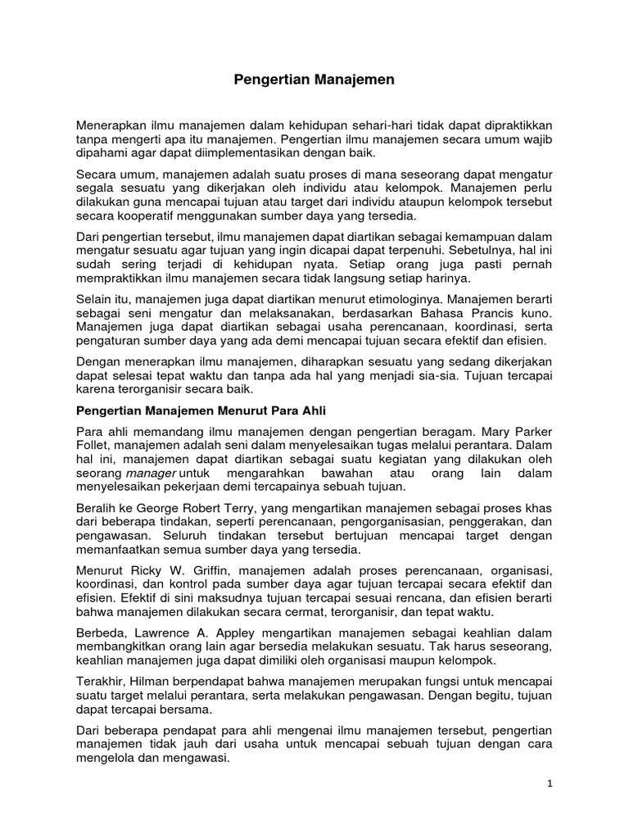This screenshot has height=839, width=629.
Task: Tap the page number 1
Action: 551,783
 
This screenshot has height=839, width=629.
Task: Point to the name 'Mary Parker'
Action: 521,431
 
